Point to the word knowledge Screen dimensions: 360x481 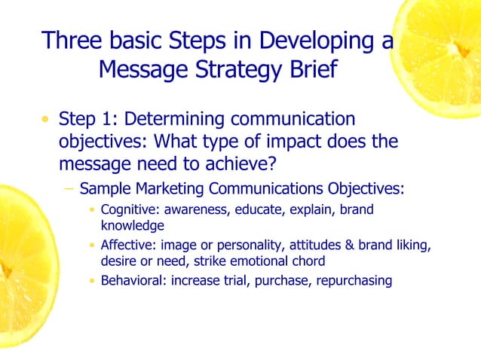133,224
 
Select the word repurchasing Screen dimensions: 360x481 354,281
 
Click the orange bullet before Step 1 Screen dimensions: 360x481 46,120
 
